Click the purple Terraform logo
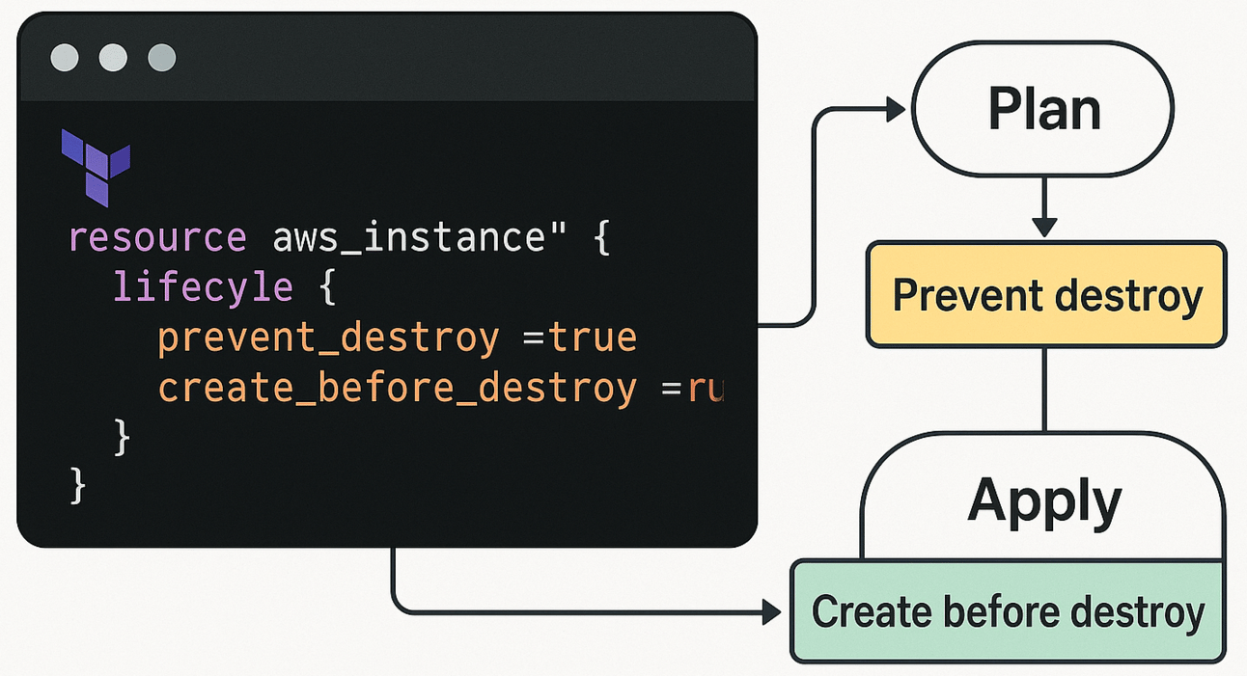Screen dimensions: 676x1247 coord(95,166)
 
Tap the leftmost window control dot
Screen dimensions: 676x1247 coord(65,58)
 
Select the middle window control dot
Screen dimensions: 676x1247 coord(113,58)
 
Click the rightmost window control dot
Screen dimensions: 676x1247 coord(161,58)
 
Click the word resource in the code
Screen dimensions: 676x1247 coord(157,237)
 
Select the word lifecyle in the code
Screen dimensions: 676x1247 coord(203,287)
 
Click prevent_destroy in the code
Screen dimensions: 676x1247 coord(328,338)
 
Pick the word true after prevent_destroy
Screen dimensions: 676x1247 coord(594,338)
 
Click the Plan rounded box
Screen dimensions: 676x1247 coord(1043,110)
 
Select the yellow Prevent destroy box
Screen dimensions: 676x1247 coord(1046,294)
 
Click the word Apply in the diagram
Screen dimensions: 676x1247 coord(1044,501)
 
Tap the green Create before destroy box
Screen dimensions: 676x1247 coord(1008,611)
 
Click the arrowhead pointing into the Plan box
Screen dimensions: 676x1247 coord(895,110)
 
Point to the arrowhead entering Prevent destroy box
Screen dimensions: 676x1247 coord(1043,228)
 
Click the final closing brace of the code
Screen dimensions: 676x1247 coord(78,485)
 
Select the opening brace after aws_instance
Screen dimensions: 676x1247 coord(602,237)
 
